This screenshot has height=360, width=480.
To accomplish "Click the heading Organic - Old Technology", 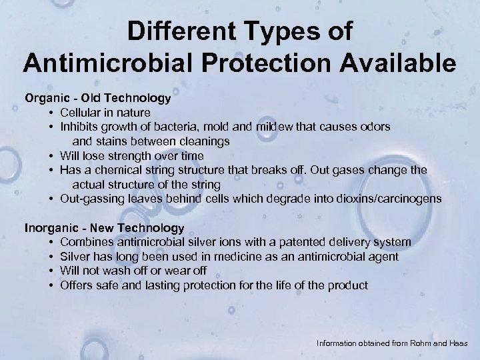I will (98, 98).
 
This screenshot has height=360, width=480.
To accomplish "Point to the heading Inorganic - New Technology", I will (104, 228).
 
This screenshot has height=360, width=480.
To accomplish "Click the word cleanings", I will (199, 141).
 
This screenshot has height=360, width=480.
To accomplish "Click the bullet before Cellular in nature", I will (51, 113).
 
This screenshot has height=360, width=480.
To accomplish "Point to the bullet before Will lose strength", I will (51, 156).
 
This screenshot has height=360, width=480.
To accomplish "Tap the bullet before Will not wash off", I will (51, 271).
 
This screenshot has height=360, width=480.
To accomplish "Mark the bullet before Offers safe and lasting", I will (51, 286).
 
